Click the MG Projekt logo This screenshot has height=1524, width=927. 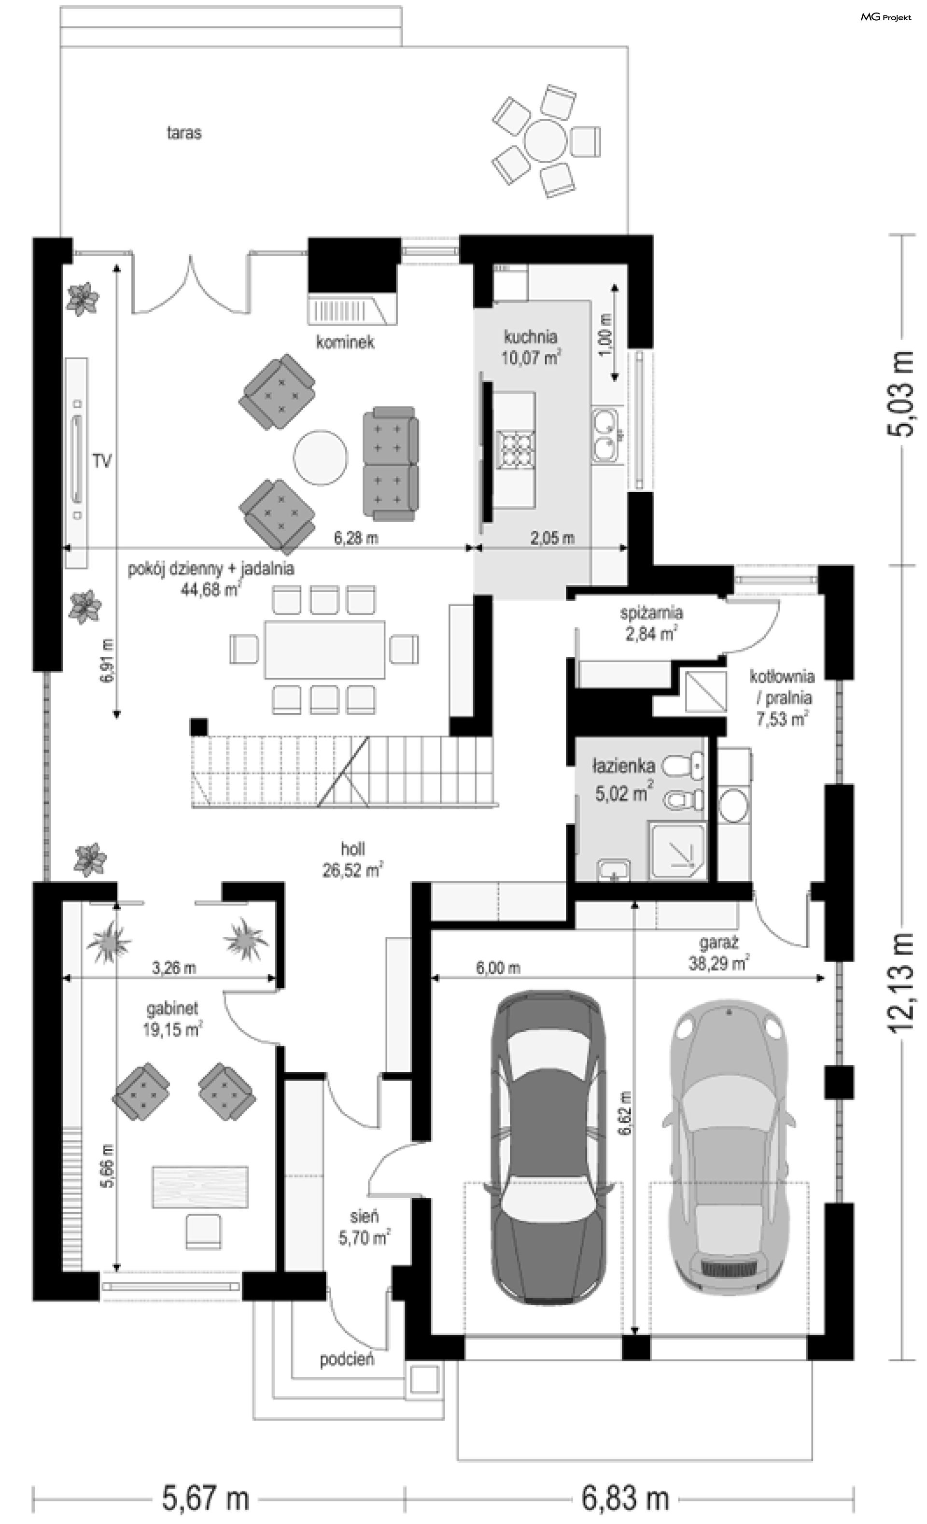pos(885,17)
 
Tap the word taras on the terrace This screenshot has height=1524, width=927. pos(184,132)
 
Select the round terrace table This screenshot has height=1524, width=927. pos(545,141)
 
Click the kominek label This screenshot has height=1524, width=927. pos(345,342)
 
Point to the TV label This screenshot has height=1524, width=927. pos(102,461)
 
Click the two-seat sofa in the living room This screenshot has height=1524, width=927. pos(390,463)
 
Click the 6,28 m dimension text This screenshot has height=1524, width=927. pos(356,538)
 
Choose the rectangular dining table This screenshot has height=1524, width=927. pos(324,650)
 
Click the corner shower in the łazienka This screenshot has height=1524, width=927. pos(677,850)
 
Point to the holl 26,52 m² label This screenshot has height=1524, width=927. pos(352,859)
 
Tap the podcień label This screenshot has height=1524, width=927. pos(347,1359)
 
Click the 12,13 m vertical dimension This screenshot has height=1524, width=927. pos(901,981)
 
